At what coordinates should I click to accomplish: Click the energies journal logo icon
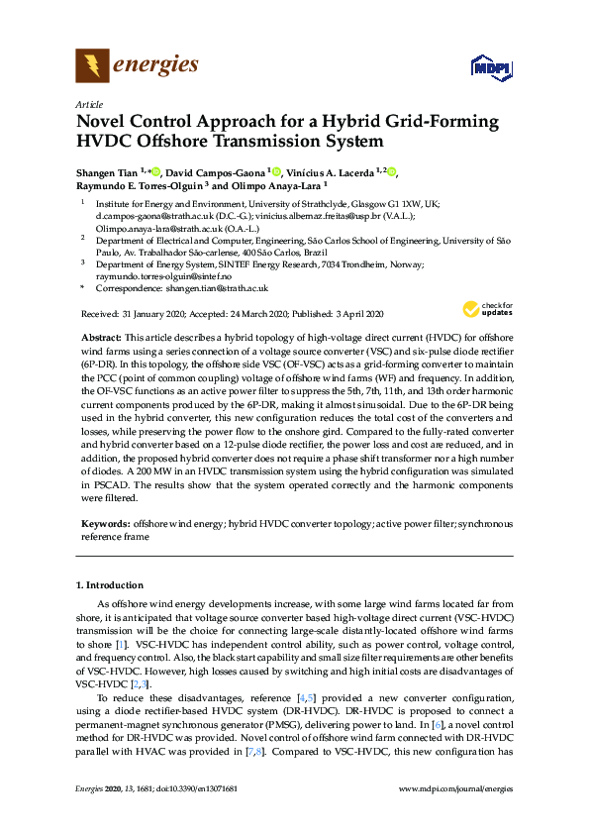click(x=92, y=66)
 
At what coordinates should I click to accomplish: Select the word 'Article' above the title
click(x=88, y=104)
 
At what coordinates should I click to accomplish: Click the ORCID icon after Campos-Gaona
click(x=275, y=172)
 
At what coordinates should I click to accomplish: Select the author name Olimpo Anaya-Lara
click(x=280, y=185)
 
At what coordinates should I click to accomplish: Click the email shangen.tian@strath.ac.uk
click(x=214, y=287)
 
